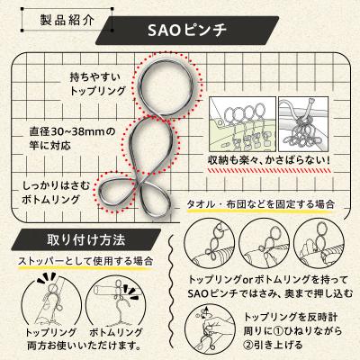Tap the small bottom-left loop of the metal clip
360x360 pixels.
coord(122,188)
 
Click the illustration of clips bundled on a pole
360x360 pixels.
coord(306,123)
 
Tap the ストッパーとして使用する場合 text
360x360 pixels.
coord(85,261)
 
